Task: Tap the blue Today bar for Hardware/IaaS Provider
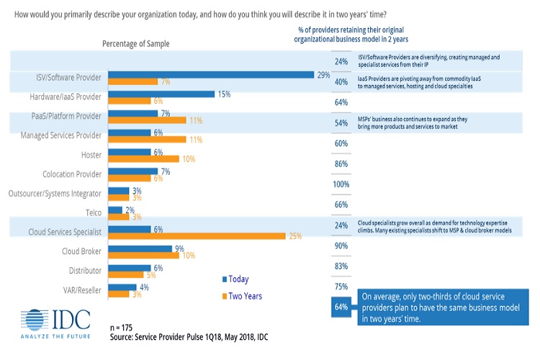pos(161,94)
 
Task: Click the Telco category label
pos(89,212)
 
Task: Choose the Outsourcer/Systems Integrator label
pos(54,193)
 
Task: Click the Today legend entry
pos(233,279)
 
